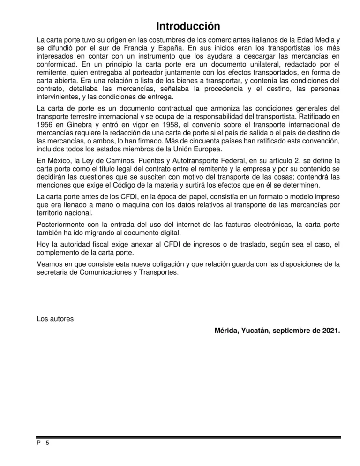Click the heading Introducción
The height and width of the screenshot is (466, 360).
pos(181,25)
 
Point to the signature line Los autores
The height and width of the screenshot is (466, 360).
pos(55,320)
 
